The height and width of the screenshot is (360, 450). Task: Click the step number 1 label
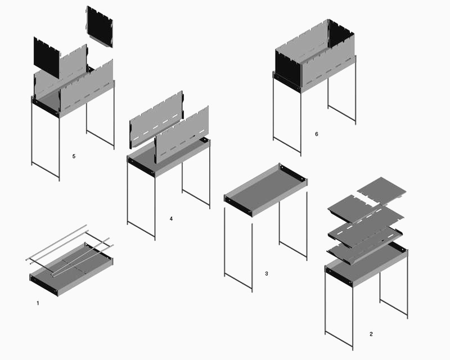pos(38,303)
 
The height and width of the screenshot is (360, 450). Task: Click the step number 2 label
pos(371,334)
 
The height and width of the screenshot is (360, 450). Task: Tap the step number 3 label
pos(267,274)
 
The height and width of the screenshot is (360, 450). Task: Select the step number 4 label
pos(172,219)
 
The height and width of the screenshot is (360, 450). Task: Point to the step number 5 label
pos(74,156)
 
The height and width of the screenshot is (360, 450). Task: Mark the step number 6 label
pos(317,134)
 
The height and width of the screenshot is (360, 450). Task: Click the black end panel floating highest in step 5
pos(100,26)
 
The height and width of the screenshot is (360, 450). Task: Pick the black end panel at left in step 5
pos(47,57)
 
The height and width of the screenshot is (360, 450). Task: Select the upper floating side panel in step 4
pos(156,119)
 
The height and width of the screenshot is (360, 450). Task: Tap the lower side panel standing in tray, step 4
pos(181,135)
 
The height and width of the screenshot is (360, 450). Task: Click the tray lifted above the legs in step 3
pos(265,190)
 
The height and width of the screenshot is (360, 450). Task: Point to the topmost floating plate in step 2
pos(382,190)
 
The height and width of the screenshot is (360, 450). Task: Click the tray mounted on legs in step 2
pos(366,264)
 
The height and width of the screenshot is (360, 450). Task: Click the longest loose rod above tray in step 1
pos(56,242)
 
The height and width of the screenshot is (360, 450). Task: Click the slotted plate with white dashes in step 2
pos(366,227)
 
